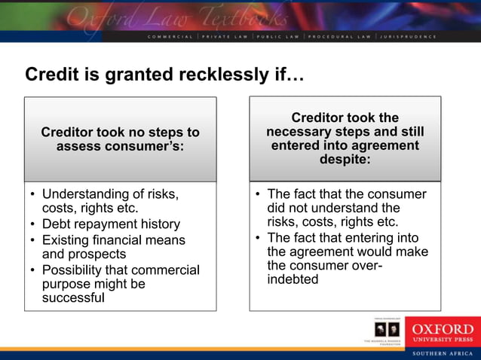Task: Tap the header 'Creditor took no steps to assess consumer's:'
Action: click(x=120, y=139)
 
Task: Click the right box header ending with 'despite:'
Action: click(x=345, y=139)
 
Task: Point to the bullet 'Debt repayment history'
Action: click(x=111, y=224)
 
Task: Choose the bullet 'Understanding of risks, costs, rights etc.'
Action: click(x=110, y=200)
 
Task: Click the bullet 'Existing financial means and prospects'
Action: click(x=113, y=247)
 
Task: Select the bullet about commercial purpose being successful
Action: click(x=121, y=283)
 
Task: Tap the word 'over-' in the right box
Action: click(x=358, y=266)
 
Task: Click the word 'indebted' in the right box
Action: click(x=293, y=279)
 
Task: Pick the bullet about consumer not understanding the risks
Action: click(x=347, y=208)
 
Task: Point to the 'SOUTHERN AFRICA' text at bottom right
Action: click(x=442, y=353)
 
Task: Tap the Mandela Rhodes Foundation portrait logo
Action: click(x=385, y=331)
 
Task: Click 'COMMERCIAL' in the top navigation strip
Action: click(x=170, y=35)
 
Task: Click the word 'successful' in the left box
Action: click(x=73, y=297)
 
